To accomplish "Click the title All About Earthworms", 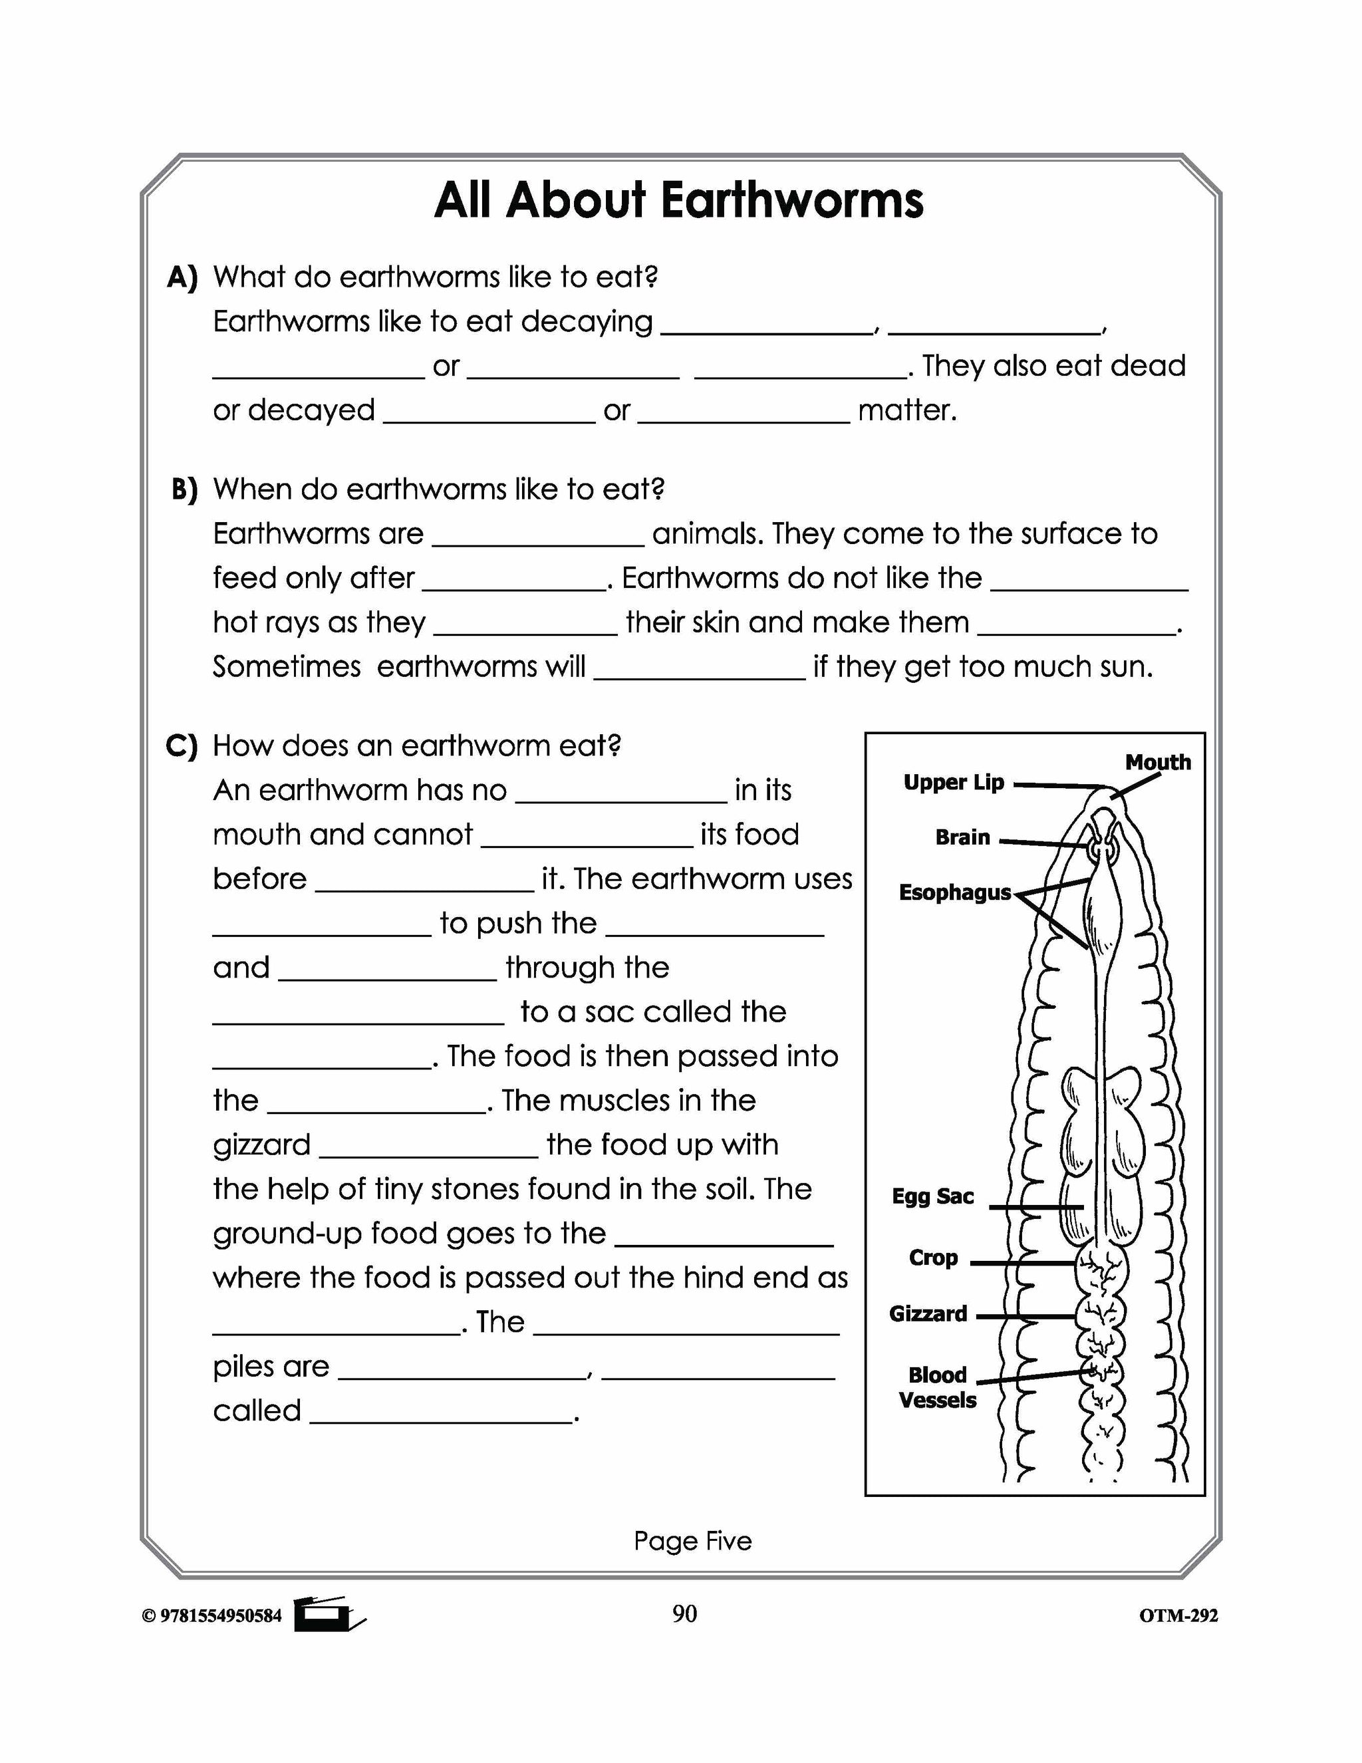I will coord(678,200).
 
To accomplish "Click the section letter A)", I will coord(182,278).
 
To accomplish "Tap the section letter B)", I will coord(184,490).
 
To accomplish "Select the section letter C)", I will coord(182,746).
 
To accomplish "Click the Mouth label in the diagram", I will coord(1157,762).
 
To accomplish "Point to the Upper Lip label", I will coord(953,782).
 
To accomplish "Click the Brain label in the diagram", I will coord(962,837).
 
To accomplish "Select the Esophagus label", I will coord(954,892).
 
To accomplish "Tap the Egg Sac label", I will coord(932,1196).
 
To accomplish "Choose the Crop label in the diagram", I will coord(933,1258).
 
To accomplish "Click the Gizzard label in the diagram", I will coord(928,1314).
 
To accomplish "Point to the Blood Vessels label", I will coord(937,1388).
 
